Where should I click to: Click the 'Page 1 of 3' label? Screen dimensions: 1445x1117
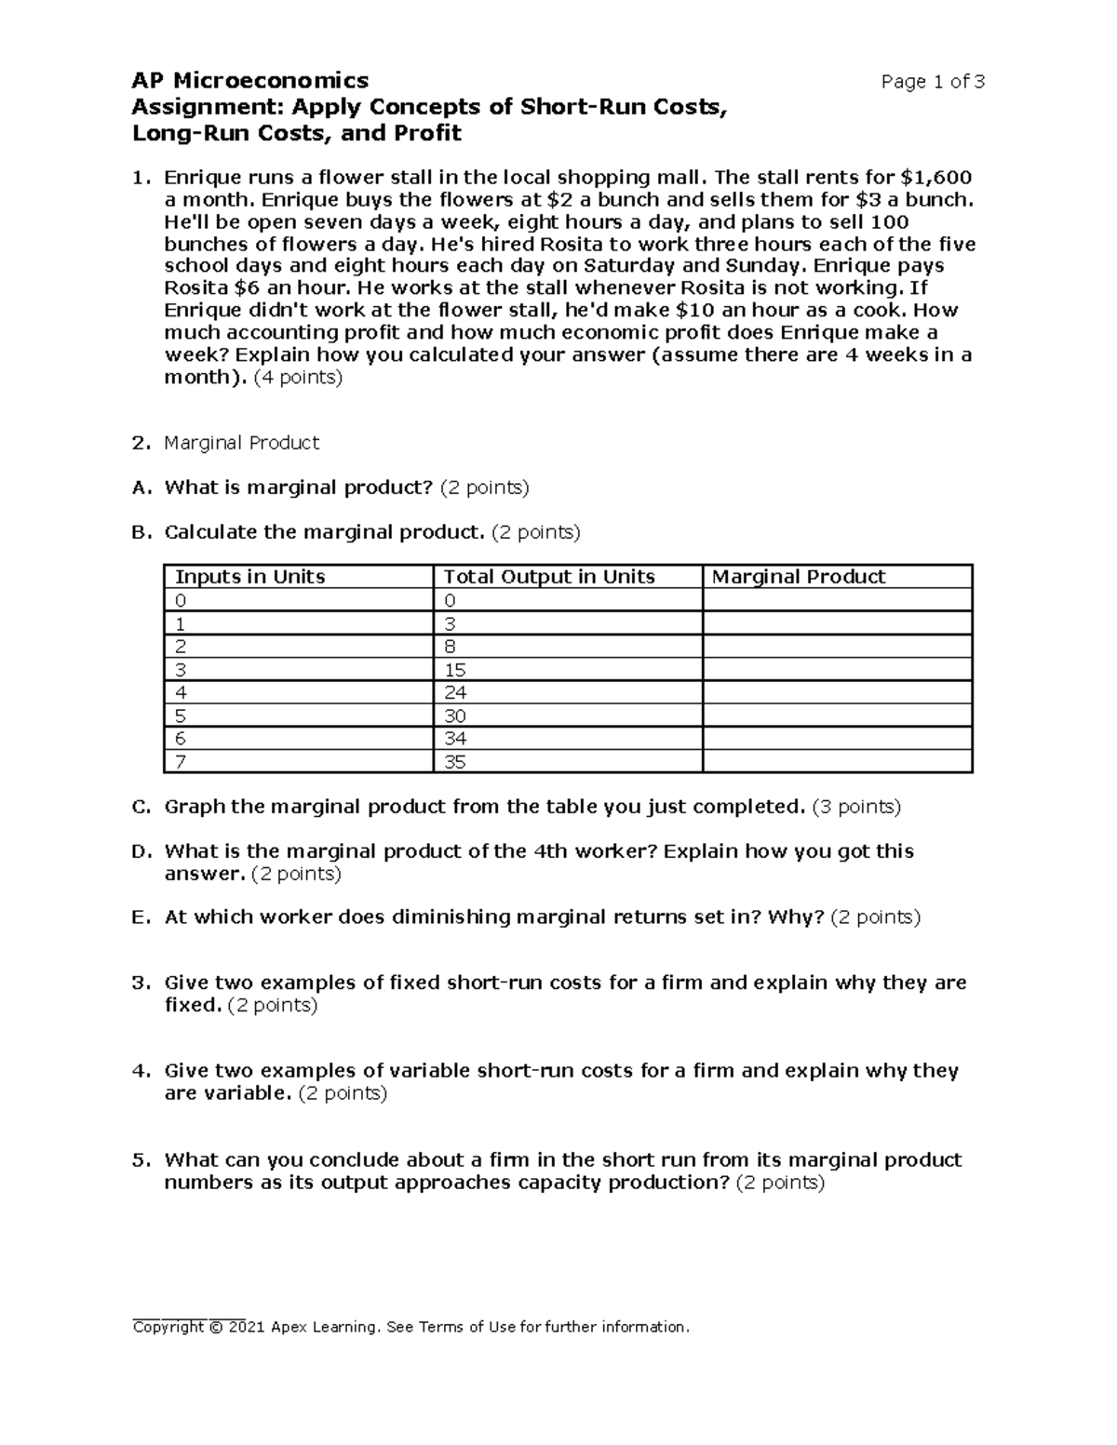click(x=933, y=82)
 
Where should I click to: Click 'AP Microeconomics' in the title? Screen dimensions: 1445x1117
click(x=250, y=81)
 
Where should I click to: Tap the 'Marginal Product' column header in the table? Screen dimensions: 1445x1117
click(x=798, y=577)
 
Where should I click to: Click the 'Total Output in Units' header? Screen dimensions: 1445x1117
click(x=549, y=577)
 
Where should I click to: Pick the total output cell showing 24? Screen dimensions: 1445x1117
click(x=455, y=692)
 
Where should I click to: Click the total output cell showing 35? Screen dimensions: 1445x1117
click(x=455, y=762)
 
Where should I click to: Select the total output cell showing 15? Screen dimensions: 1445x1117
click(x=455, y=670)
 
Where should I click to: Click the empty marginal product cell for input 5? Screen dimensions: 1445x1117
click(x=837, y=716)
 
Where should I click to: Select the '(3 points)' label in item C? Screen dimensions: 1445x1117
click(x=856, y=807)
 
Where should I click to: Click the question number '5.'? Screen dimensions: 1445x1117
click(x=141, y=1159)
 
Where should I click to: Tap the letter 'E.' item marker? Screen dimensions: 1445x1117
click(x=141, y=917)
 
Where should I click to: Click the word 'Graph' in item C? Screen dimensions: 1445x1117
click(x=195, y=807)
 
